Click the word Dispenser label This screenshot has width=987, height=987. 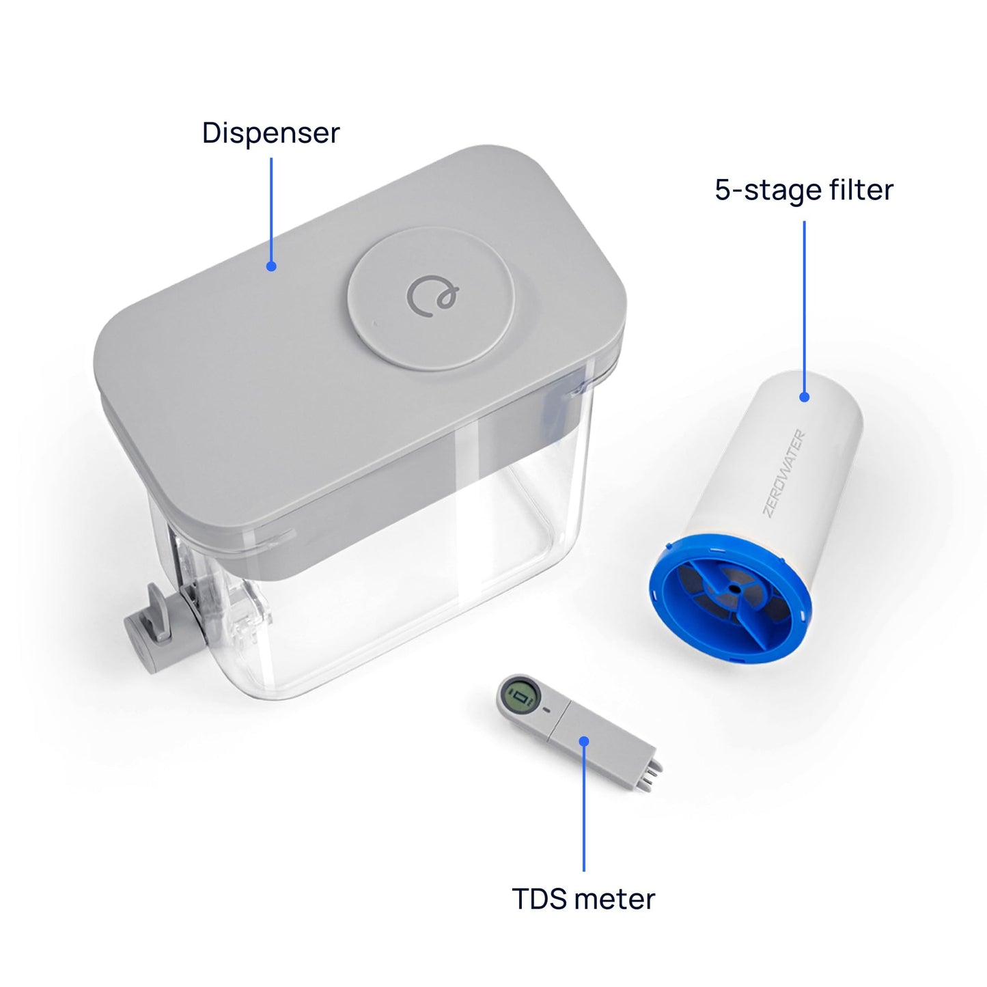pyautogui.click(x=270, y=133)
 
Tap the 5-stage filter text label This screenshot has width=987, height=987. pyautogui.click(x=804, y=190)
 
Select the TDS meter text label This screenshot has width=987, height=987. pyautogui.click(x=583, y=899)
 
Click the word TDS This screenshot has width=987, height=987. pyautogui.click(x=540, y=899)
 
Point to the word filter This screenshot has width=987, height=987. pyautogui.click(x=860, y=190)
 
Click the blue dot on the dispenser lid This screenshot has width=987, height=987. pyautogui.click(x=271, y=266)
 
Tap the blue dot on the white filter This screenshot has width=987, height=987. pyautogui.click(x=804, y=397)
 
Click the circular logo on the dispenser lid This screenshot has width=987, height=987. pyautogui.click(x=433, y=296)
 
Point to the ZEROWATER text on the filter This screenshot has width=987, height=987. pyautogui.click(x=784, y=473)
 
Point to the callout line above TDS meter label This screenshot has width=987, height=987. pyautogui.click(x=584, y=806)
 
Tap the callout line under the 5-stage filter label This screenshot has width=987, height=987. pyautogui.click(x=804, y=307)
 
